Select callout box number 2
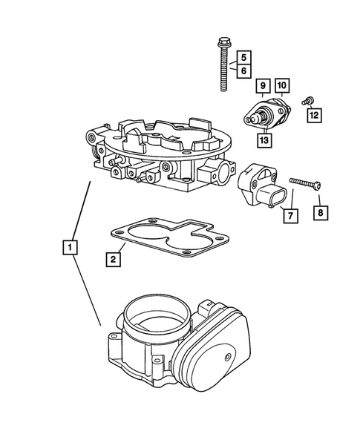click(113, 259)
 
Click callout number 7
click(290, 216)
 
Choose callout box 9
click(262, 87)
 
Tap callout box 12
click(315, 114)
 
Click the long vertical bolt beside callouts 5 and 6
click(222, 70)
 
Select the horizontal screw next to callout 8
click(300, 182)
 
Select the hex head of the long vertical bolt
click(221, 42)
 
